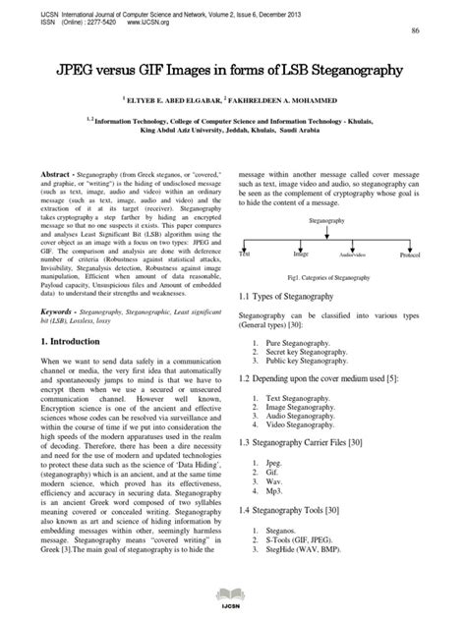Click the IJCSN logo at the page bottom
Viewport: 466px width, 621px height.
232,595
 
